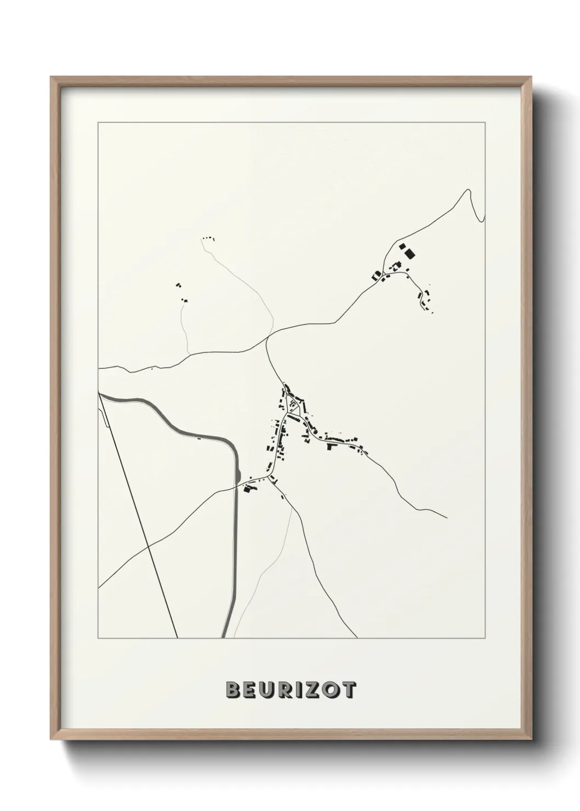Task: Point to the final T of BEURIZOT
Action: click(349, 690)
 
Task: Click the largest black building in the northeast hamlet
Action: click(409, 253)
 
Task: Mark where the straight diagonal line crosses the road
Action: click(149, 546)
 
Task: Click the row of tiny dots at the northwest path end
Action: click(208, 238)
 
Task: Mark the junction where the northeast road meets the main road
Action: click(267, 340)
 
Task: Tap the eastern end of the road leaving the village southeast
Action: click(447, 517)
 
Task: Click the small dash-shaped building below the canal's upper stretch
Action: click(198, 437)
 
